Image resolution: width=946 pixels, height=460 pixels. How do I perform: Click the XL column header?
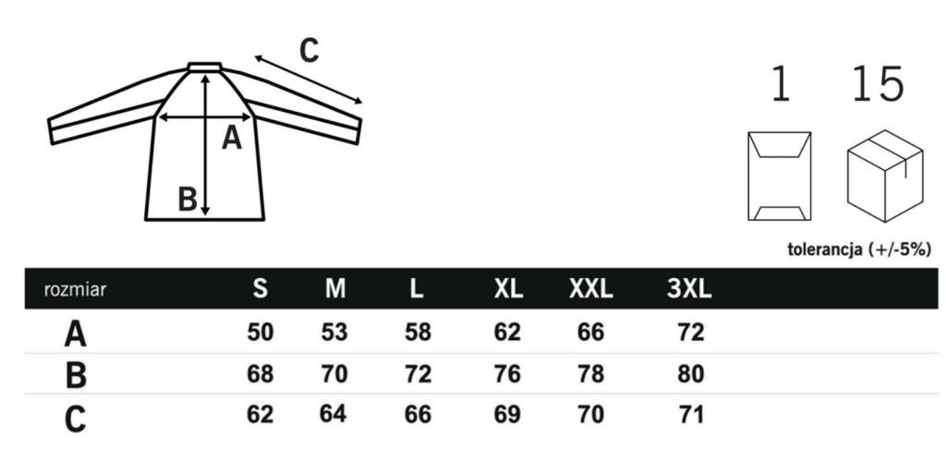coord(508,289)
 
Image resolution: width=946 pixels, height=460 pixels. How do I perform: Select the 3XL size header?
coord(689,289)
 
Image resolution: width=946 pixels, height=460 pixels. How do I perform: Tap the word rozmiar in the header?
coord(75,289)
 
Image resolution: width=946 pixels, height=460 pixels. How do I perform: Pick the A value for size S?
coord(260,333)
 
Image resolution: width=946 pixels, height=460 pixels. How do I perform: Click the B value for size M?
coord(334,374)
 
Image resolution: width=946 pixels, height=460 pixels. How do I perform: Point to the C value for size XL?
coord(507,415)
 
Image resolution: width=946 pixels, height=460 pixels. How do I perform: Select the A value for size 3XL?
coord(690,333)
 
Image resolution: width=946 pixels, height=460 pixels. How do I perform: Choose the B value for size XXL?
coord(590,374)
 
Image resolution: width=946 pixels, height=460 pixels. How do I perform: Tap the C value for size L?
coord(418,415)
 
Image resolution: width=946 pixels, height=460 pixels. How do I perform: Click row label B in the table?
coord(76,374)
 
